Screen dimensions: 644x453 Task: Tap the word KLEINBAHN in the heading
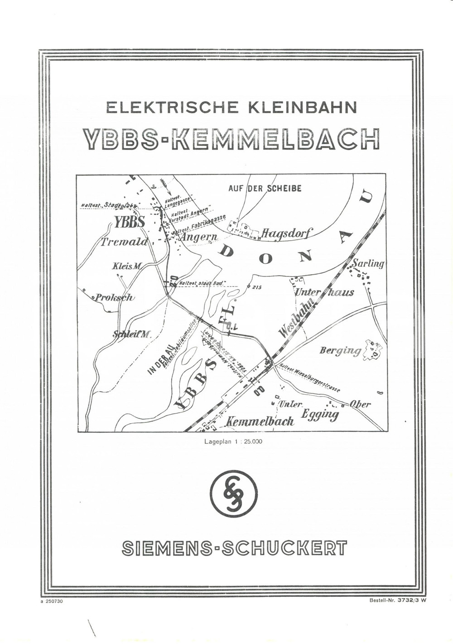coord(303,107)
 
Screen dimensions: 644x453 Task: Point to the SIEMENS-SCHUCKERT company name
coord(234,548)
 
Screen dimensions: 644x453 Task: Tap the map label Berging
coord(340,350)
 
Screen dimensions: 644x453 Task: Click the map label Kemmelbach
coord(260,421)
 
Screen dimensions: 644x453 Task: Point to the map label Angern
coord(199,237)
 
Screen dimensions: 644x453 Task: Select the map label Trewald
coord(124,242)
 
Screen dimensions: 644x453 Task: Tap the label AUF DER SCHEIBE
coord(265,188)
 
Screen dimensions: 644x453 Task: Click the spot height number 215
coord(256,287)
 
